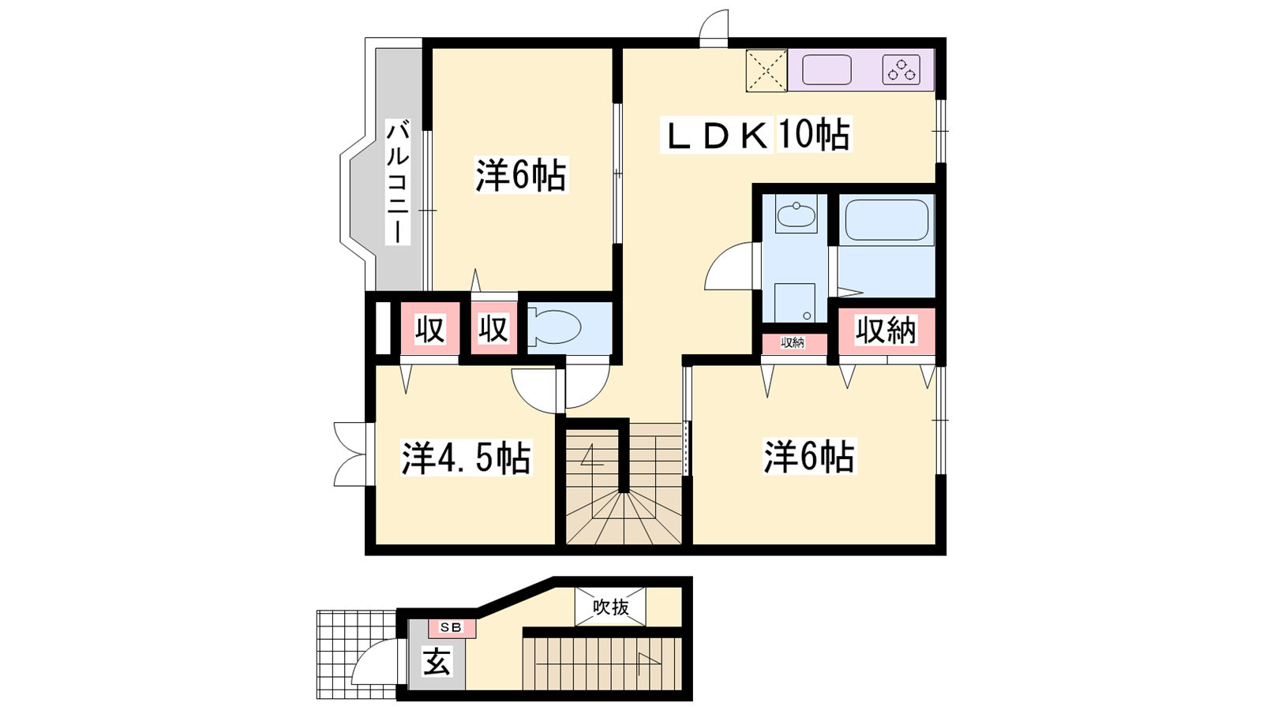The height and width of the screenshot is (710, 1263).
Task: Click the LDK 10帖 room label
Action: (755, 135)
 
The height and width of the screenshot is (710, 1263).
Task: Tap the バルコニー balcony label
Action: (398, 182)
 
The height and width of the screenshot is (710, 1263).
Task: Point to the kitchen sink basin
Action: (826, 70)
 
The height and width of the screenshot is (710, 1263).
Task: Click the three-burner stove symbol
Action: (901, 70)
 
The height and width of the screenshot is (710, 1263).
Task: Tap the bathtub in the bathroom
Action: (886, 220)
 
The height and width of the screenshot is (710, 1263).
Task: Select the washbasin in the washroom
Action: (796, 214)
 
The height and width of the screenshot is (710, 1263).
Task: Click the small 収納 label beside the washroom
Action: (793, 342)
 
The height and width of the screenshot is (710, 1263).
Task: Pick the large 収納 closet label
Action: (886, 331)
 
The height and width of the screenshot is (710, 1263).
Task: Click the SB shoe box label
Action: (451, 627)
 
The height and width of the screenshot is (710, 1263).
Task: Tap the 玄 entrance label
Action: (437, 662)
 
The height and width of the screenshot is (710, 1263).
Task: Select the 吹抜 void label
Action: (611, 607)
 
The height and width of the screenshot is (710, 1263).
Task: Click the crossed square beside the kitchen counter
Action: (766, 70)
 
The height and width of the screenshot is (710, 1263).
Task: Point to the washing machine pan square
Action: (794, 303)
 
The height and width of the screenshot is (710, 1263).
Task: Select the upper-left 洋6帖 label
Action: (521, 175)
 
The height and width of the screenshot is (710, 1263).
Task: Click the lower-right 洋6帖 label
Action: (809, 456)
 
